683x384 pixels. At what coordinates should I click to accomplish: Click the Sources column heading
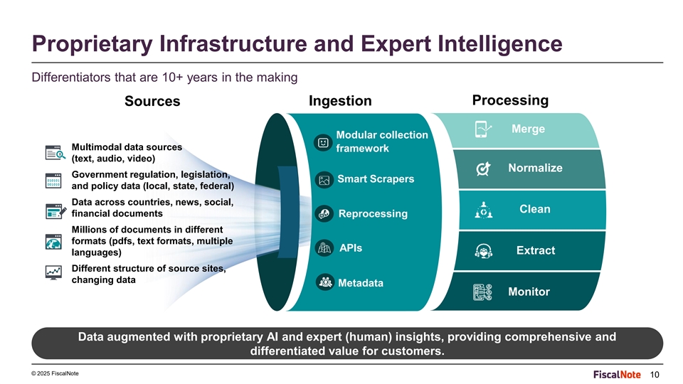coord(152,101)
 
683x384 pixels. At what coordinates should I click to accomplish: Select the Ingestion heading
coord(340,100)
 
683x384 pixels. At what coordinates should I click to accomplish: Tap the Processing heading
coord(510,100)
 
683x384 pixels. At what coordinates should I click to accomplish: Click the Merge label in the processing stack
coord(528,129)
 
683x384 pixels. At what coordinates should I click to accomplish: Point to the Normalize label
coord(535,168)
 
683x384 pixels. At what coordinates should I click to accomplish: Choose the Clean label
coord(535,209)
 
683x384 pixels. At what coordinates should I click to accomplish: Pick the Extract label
coord(536,250)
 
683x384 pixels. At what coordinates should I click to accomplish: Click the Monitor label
coord(529,292)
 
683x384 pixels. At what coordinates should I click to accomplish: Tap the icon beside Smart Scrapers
coord(324,180)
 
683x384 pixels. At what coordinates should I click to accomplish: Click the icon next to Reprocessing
coord(324,214)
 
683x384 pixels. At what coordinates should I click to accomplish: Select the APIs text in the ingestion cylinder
coord(351,248)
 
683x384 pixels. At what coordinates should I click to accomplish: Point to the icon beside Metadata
coord(325,282)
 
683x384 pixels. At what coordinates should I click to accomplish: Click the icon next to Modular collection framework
coord(323,143)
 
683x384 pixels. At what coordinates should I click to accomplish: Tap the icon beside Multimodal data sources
coord(55,153)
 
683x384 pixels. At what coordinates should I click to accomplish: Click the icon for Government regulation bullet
coord(53,181)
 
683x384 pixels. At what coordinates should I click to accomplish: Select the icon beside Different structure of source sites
coord(53,273)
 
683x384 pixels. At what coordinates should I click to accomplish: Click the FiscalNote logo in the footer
coord(617,375)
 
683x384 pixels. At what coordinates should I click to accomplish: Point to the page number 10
coord(655,375)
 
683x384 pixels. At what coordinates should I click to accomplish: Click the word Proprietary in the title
coord(92,44)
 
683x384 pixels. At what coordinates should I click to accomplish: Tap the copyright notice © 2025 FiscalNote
coord(55,373)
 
